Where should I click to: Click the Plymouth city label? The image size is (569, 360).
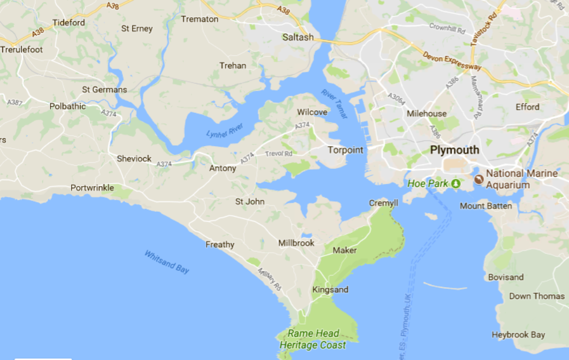[454, 150]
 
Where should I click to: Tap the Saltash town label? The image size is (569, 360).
[298, 37]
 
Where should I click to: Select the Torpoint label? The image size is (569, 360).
[345, 150]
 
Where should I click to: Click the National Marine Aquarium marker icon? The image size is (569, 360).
[478, 179]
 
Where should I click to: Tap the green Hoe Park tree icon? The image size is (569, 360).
[456, 183]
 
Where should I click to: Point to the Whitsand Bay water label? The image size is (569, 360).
[167, 262]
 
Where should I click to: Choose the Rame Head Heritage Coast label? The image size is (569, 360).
[313, 339]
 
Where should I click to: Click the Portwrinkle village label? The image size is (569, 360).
[92, 188]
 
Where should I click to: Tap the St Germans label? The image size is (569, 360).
[104, 89]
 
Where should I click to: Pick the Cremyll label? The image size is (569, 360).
[383, 203]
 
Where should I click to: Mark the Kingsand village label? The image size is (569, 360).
[330, 289]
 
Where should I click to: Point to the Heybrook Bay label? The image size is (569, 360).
[518, 335]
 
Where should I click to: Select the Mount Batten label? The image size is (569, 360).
[486, 206]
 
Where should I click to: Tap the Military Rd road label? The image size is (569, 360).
[269, 279]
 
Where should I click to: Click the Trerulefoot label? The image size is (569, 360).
[22, 49]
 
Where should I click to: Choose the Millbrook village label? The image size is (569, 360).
[296, 243]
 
